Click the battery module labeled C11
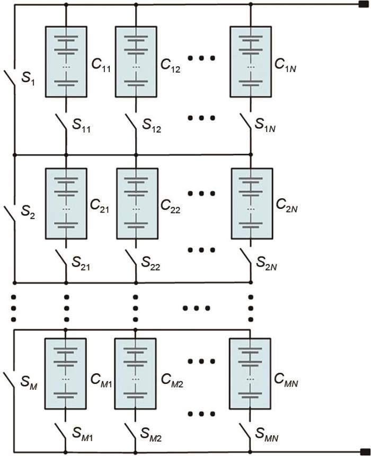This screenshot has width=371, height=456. tap(66, 61)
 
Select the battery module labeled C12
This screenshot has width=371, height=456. tap(136, 61)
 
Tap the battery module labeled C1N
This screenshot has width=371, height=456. tap(251, 61)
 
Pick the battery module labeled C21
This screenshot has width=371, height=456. tap(66, 203)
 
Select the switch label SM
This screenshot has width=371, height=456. tap(30, 381)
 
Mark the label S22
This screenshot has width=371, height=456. tap(152, 263)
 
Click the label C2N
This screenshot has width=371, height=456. tap(287, 205)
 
